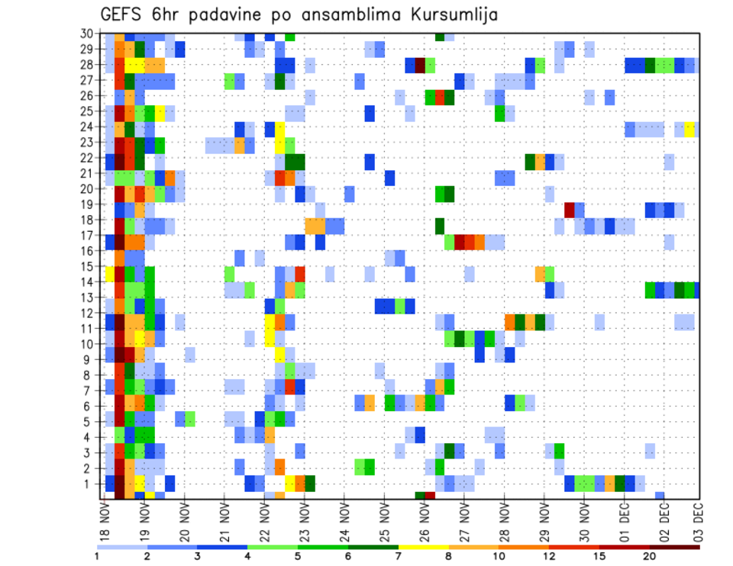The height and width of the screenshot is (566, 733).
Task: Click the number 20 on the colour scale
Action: coord(650,556)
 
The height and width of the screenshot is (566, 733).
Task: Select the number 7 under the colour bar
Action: coord(398,556)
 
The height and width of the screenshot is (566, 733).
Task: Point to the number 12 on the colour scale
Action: coord(549,556)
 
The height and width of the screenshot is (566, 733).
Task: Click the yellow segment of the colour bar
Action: coord(423,547)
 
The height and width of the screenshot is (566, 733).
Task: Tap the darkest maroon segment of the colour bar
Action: coord(675,547)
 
